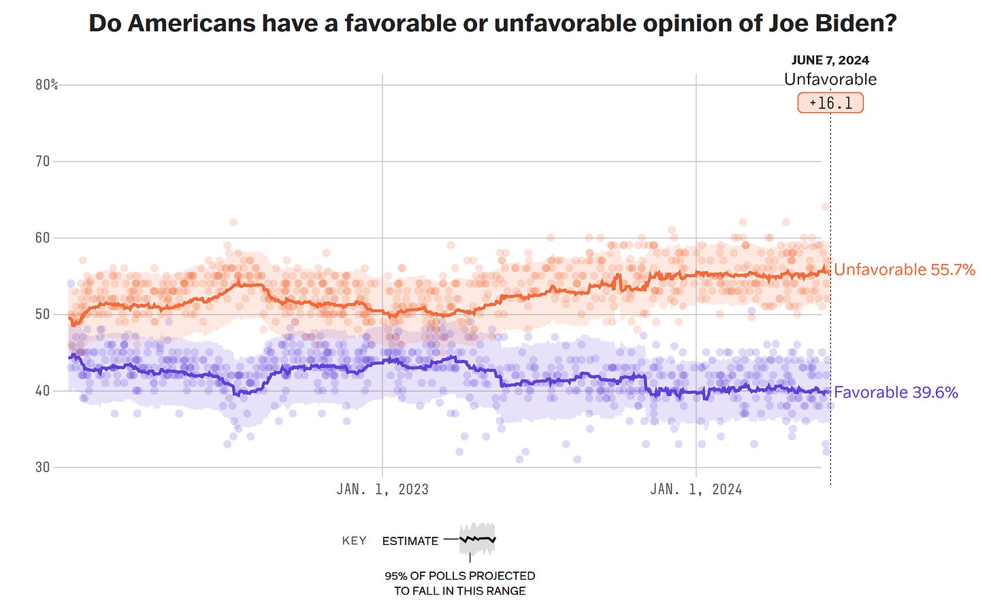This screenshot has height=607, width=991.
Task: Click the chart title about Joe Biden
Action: click(493, 24)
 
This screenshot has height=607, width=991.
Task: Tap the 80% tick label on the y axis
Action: click(46, 85)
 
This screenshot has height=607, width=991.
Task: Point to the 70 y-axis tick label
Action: click(42, 161)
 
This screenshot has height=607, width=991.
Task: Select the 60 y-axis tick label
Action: click(42, 238)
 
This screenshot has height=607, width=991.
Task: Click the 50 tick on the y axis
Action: click(42, 314)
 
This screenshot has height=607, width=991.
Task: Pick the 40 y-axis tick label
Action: click(42, 390)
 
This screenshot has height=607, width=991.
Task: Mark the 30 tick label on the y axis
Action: click(42, 467)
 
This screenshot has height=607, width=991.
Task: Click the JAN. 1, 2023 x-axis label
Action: click(383, 489)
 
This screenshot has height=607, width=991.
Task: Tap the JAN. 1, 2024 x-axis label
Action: click(696, 489)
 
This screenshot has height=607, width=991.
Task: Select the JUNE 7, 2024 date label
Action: click(830, 60)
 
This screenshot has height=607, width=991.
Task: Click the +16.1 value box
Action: click(830, 103)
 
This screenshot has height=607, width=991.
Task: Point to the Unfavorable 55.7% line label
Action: click(904, 270)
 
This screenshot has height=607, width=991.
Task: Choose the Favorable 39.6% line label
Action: click(896, 392)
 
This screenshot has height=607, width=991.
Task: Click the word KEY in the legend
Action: click(354, 541)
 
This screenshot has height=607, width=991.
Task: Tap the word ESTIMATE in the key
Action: click(410, 541)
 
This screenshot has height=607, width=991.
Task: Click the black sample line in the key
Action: click(478, 540)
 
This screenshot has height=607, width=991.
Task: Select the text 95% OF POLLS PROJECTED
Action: click(459, 576)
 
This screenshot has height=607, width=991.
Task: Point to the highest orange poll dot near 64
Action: click(825, 207)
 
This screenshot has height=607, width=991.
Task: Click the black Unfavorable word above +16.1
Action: click(830, 79)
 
